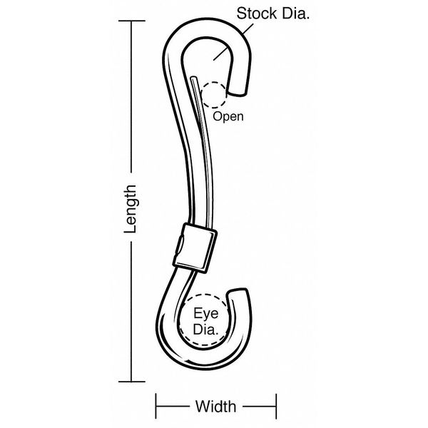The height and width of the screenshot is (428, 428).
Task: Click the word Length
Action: tap(130, 209)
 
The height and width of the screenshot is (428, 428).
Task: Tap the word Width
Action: tap(215, 407)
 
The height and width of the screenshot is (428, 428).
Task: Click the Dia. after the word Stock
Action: tap(296, 14)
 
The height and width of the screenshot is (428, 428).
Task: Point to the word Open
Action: tap(228, 117)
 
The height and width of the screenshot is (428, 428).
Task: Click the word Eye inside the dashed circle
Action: tap(206, 313)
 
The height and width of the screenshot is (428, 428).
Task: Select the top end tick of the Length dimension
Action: tap(132, 21)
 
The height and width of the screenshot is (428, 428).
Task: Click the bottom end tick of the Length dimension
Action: tap(132, 382)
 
